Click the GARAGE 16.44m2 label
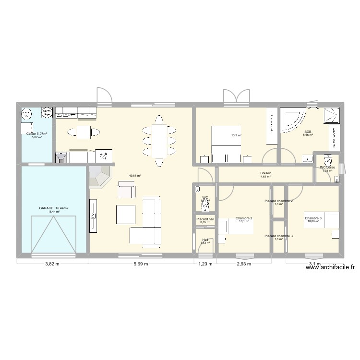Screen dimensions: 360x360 tap(54, 208)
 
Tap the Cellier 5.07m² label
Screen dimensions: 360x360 tap(37, 133)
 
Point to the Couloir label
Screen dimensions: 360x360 tap(265, 173)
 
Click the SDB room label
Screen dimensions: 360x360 tap(307, 132)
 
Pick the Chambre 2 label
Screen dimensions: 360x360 tap(244, 218)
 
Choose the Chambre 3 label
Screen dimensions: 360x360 tap(313, 218)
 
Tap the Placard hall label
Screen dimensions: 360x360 tap(205, 219)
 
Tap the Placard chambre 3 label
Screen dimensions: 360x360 tap(278, 236)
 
